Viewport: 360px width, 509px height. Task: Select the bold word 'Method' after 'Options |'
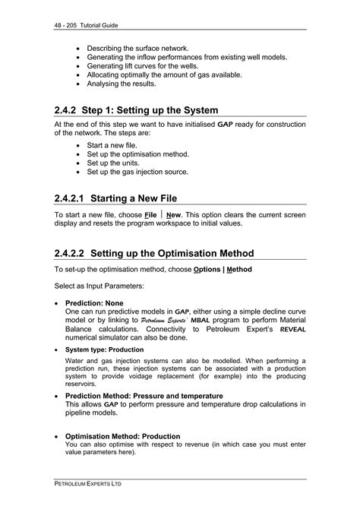pos(238,270)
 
